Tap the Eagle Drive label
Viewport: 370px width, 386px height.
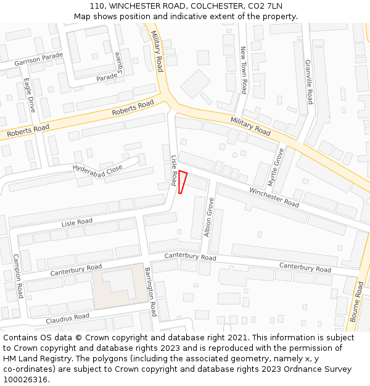point(30,95)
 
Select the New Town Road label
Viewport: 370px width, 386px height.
point(244,69)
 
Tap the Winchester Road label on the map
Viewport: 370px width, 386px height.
point(274,197)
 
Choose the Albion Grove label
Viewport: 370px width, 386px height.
point(208,217)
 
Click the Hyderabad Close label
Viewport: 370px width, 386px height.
point(97,170)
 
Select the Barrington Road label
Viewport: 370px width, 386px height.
point(151,293)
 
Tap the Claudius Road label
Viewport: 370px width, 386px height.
point(67,319)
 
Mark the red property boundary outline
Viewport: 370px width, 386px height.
point(182,182)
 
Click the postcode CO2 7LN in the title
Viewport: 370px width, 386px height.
point(267,6)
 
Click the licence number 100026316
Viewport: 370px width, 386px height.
point(25,380)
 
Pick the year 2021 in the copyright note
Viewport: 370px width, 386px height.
point(237,338)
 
